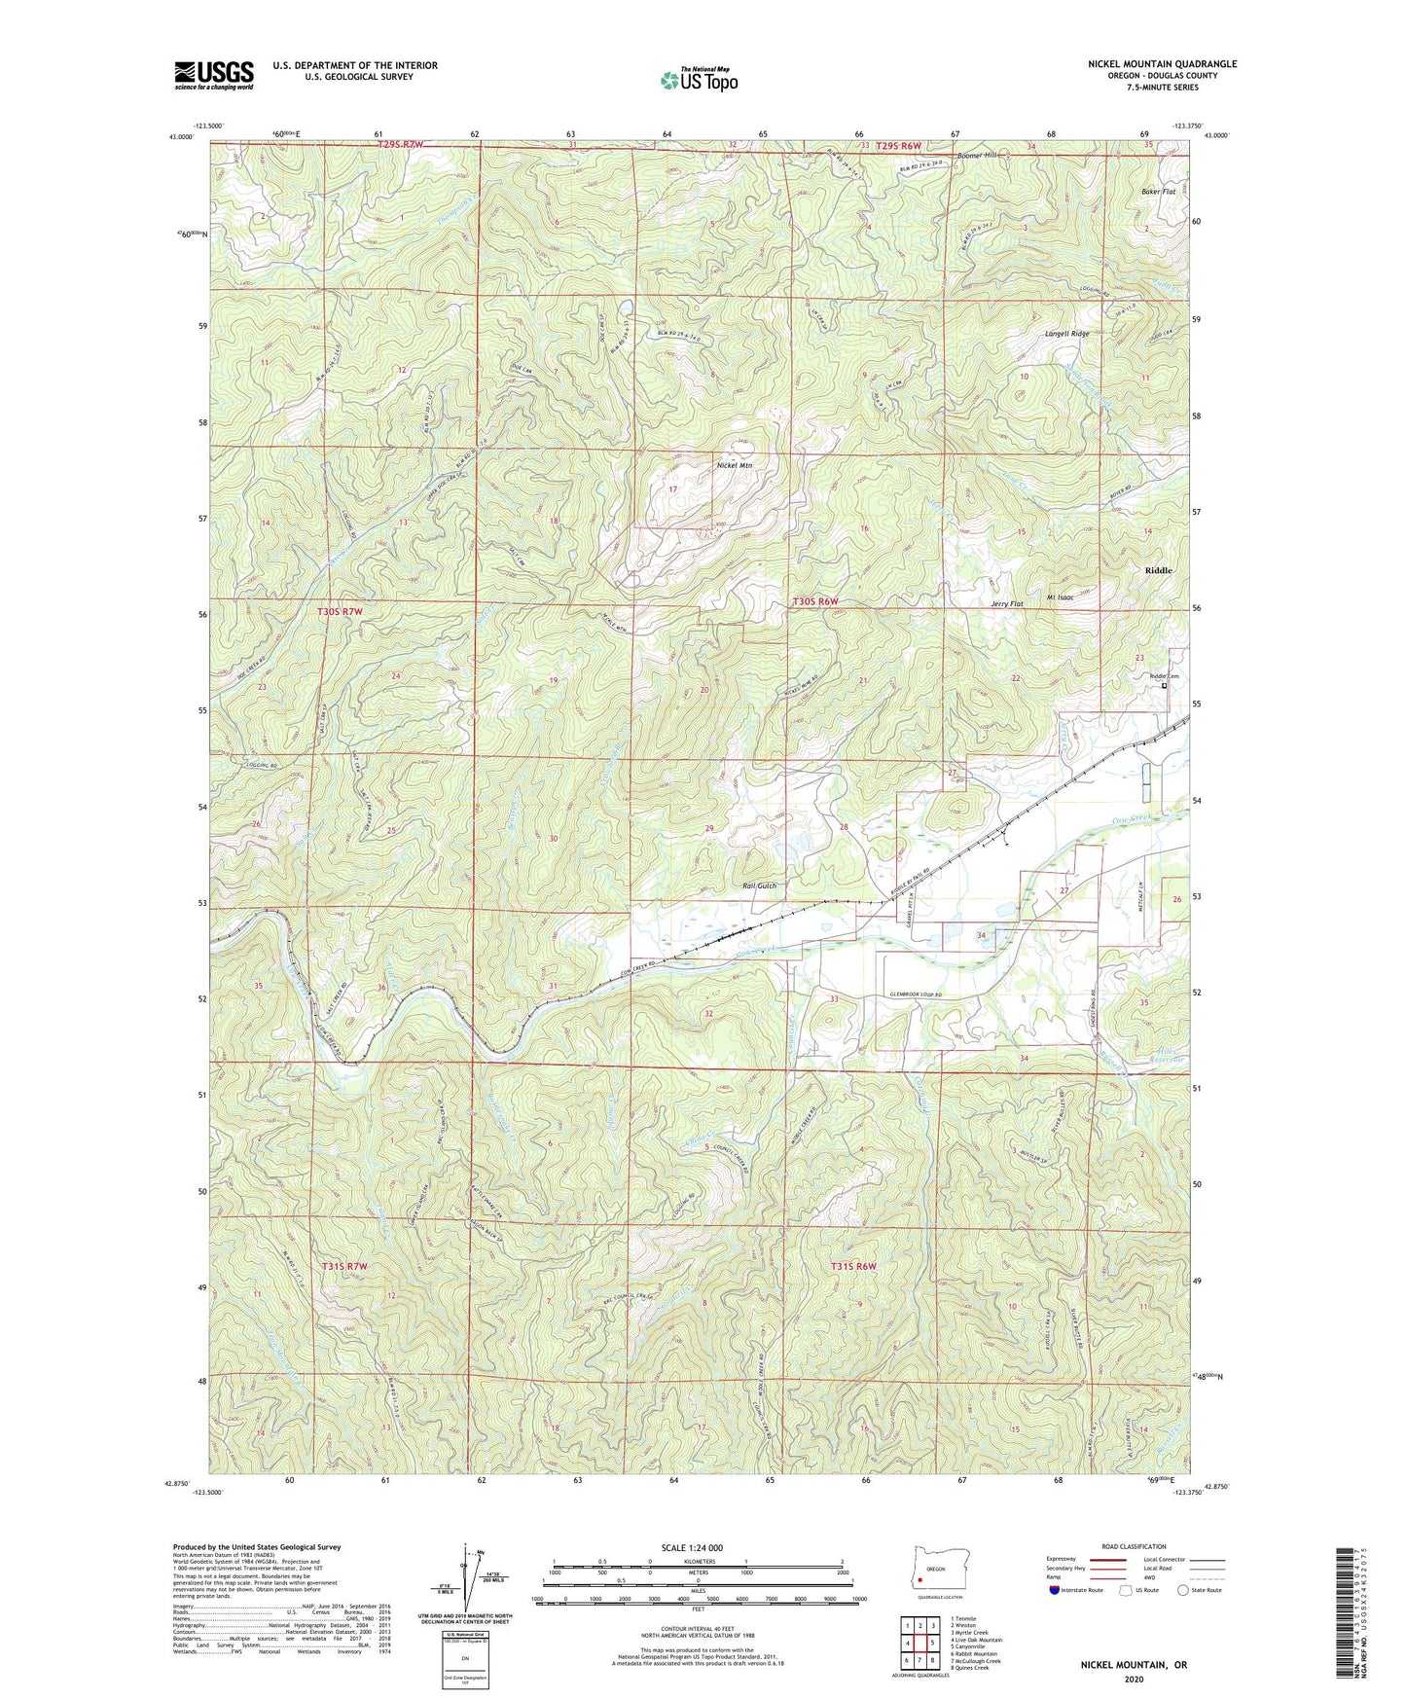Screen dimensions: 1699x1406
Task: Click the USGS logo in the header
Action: tap(214, 74)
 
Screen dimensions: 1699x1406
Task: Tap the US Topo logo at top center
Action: tap(698, 80)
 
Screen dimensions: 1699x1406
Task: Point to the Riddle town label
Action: tap(1158, 570)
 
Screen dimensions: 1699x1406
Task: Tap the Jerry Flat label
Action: tap(1006, 604)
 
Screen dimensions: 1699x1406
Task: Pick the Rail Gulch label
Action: tap(759, 886)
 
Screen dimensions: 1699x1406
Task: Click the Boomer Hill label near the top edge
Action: tap(978, 156)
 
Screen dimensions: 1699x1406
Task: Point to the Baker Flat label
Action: tap(1158, 192)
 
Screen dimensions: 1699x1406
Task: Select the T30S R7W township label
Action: tap(341, 611)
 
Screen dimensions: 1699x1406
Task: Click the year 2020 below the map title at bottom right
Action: tap(1133, 1679)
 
